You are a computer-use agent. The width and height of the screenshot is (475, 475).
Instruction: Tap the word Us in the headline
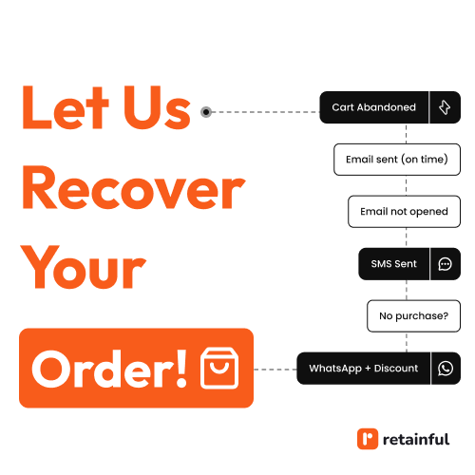click(157, 107)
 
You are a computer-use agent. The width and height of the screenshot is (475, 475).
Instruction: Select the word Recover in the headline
click(134, 187)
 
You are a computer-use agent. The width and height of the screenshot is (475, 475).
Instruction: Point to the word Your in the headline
click(83, 267)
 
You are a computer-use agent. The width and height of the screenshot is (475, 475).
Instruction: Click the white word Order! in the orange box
click(109, 369)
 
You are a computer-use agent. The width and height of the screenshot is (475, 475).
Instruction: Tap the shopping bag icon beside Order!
click(219, 368)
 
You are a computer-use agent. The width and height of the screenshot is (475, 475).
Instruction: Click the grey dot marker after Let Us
click(206, 112)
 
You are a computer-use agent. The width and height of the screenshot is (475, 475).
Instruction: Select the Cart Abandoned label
click(373, 107)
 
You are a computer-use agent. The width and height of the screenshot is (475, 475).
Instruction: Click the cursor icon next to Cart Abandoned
click(445, 107)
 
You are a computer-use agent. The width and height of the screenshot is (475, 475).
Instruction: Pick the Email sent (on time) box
click(397, 160)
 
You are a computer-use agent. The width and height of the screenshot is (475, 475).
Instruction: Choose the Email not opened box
click(404, 212)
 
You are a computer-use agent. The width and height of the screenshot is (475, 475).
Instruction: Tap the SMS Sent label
click(393, 264)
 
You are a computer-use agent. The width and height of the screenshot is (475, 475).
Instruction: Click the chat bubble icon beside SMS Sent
click(445, 264)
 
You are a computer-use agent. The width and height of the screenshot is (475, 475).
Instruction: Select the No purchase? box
click(413, 316)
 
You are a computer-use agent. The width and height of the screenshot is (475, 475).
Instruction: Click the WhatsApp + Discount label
click(364, 369)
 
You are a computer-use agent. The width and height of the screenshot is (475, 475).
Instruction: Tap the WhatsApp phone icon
click(446, 369)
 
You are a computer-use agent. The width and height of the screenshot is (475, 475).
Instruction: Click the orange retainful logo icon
click(368, 439)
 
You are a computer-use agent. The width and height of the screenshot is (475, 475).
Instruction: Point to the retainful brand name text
click(416, 439)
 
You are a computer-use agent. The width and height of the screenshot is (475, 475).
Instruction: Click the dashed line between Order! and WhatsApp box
click(275, 370)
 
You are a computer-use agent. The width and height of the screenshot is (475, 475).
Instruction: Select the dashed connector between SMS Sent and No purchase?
click(407, 290)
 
